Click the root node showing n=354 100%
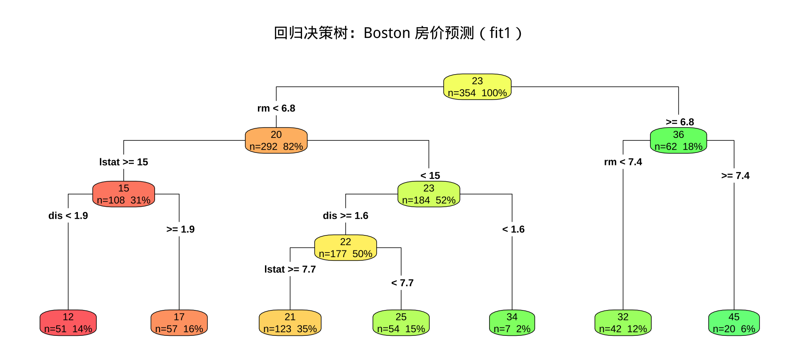pos(477,87)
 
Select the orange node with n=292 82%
pos(276,140)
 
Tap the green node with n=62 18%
pos(678,140)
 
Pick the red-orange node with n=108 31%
pos(124,194)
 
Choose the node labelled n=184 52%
pos(429,194)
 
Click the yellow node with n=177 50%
pos(345,247)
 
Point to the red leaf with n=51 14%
pos(68,323)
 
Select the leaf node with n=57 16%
pos(179,323)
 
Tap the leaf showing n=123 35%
pos(290,323)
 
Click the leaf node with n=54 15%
pos(401,323)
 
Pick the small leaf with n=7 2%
pos(512,323)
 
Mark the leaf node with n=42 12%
pos(623,323)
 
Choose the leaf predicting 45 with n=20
pos(734,323)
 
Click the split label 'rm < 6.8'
pos(276,108)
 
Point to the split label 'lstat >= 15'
pos(124,162)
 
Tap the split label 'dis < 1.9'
pos(68,216)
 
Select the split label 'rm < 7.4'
pos(623,162)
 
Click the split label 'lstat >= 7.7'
pos(290,270)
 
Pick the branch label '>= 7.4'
pos(735,176)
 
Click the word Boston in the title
pos(387,33)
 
